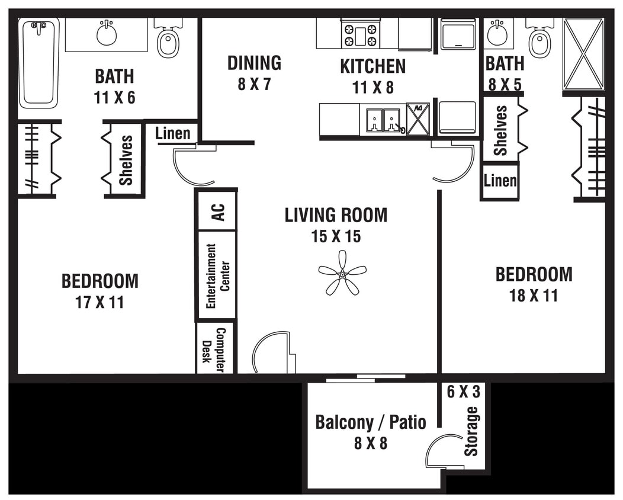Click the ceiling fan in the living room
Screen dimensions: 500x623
coord(342,273)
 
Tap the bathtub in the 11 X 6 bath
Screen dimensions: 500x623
coord(38,63)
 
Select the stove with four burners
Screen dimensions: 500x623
coord(360,34)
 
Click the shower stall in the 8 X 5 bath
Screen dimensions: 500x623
coord(583,54)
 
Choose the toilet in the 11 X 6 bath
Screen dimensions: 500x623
coord(168,40)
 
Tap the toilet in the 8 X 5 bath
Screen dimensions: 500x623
coord(539,40)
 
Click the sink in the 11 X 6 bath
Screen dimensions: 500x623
coord(107,34)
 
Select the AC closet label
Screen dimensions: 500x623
coord(217,211)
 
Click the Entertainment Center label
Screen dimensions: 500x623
coord(217,275)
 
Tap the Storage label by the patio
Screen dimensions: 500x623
coord(471,431)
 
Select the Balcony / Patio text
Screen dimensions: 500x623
coord(371,422)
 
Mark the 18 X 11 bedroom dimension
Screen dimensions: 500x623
coord(534,295)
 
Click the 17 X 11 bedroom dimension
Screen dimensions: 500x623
coord(99,302)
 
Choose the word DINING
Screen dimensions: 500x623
coord(254,63)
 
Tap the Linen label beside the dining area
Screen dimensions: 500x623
coord(173,134)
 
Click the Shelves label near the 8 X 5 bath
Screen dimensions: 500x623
coord(501,130)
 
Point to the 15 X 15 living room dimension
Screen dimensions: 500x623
coord(336,236)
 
